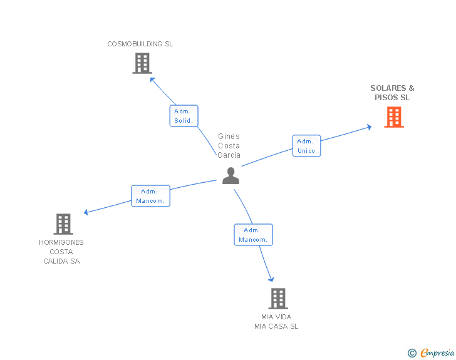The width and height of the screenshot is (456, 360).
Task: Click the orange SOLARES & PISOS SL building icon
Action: pyautogui.click(x=393, y=117)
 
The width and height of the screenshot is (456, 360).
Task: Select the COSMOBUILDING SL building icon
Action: pyautogui.click(x=142, y=63)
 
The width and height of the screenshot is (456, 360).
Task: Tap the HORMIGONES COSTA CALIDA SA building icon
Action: pyautogui.click(x=63, y=224)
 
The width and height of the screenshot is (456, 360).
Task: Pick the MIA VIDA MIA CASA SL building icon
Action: pyautogui.click(x=278, y=298)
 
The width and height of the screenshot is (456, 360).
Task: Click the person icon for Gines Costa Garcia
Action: pyautogui.click(x=231, y=176)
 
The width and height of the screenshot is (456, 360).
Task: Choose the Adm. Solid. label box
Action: pyautogui.click(x=184, y=116)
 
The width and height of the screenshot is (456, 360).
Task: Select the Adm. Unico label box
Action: pyautogui.click(x=306, y=146)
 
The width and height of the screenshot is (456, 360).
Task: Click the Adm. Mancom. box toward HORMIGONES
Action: pyautogui.click(x=150, y=196)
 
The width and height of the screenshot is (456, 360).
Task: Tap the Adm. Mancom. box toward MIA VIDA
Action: pyautogui.click(x=253, y=235)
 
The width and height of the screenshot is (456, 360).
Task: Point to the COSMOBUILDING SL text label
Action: pyautogui.click(x=140, y=44)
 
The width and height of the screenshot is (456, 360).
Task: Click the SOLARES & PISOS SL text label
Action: pyautogui.click(x=392, y=93)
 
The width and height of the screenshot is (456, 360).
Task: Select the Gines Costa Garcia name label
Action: pyautogui.click(x=229, y=146)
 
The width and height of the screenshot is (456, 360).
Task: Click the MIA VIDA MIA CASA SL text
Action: pyautogui.click(x=276, y=321)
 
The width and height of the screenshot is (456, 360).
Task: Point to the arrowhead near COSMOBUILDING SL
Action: pyautogui.click(x=152, y=79)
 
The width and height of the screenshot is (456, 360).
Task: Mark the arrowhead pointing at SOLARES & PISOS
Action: pyautogui.click(x=370, y=127)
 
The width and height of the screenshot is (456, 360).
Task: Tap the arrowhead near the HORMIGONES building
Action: pyautogui.click(x=86, y=213)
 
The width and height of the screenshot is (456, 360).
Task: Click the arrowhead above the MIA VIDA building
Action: pyautogui.click(x=272, y=279)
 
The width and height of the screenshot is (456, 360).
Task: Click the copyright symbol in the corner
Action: pyautogui.click(x=412, y=353)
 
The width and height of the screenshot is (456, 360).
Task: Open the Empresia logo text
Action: pyautogui.click(x=437, y=353)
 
